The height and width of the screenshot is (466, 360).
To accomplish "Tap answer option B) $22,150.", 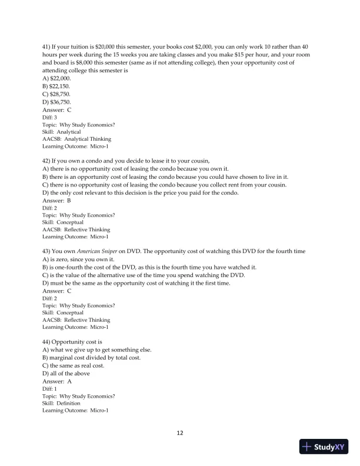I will coord(57,86).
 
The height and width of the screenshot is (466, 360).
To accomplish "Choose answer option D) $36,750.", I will coord(57,102).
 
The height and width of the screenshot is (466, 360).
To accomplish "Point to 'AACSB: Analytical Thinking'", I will coord(76,139).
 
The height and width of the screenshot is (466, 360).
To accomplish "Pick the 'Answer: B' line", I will coord(57,201).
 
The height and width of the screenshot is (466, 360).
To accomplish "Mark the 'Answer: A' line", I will coord(57,381).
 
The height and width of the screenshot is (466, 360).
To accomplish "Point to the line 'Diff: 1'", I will coord(50,389).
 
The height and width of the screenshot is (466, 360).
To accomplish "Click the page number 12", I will coord(180,433).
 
